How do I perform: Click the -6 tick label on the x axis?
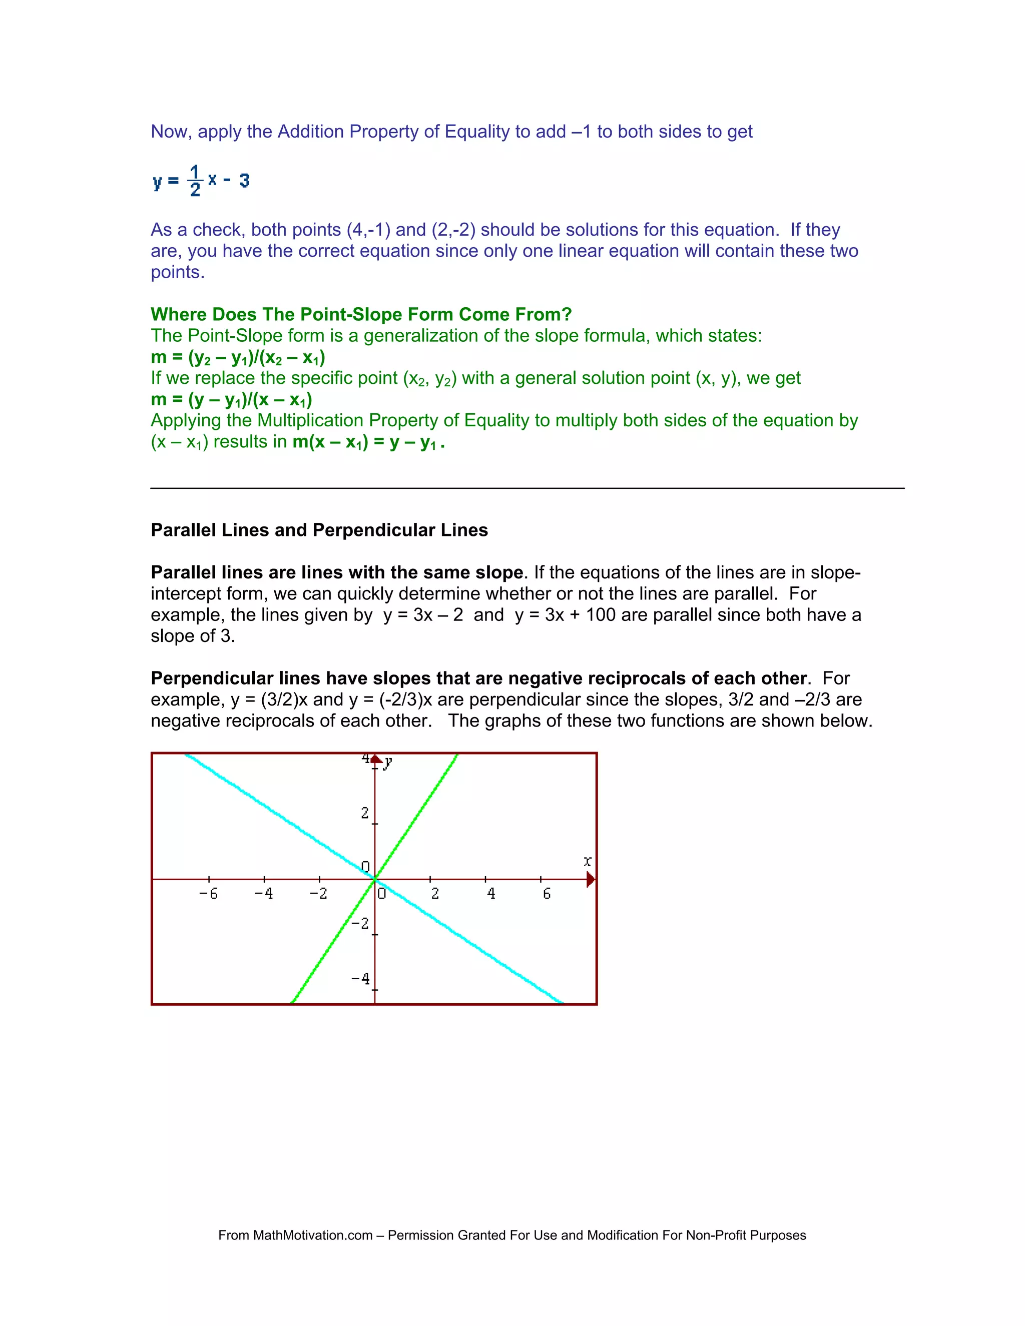click(x=208, y=894)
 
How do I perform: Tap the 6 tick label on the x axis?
click(x=547, y=894)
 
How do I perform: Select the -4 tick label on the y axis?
click(x=361, y=979)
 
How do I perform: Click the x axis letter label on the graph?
click(x=587, y=861)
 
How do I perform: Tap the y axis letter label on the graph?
click(x=388, y=763)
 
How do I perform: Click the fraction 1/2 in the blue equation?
click(x=195, y=180)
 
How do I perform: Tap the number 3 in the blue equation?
click(x=244, y=180)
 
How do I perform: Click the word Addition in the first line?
click(x=310, y=132)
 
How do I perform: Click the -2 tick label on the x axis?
click(x=318, y=894)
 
